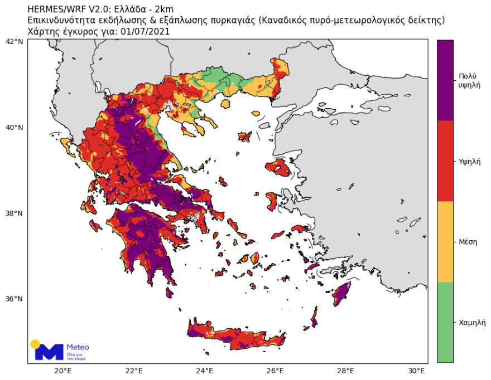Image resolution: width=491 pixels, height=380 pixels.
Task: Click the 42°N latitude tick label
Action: pyautogui.click(x=14, y=42)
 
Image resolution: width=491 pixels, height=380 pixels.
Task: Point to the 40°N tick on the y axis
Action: pyautogui.click(x=14, y=128)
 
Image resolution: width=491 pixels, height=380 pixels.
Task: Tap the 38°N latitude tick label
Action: pyautogui.click(x=14, y=213)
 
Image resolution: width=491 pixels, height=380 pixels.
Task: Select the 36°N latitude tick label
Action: pyautogui.click(x=14, y=299)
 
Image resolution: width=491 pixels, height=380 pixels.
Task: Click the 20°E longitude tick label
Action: pyautogui.click(x=63, y=371)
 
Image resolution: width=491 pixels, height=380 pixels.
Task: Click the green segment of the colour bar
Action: pyautogui.click(x=445, y=322)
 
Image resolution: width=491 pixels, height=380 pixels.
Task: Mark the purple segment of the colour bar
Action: pyautogui.click(x=445, y=80)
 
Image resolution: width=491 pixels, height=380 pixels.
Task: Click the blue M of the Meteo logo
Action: pyautogui.click(x=49, y=352)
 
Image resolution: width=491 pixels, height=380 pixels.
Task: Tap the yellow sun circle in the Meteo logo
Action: pyautogui.click(x=35, y=344)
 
